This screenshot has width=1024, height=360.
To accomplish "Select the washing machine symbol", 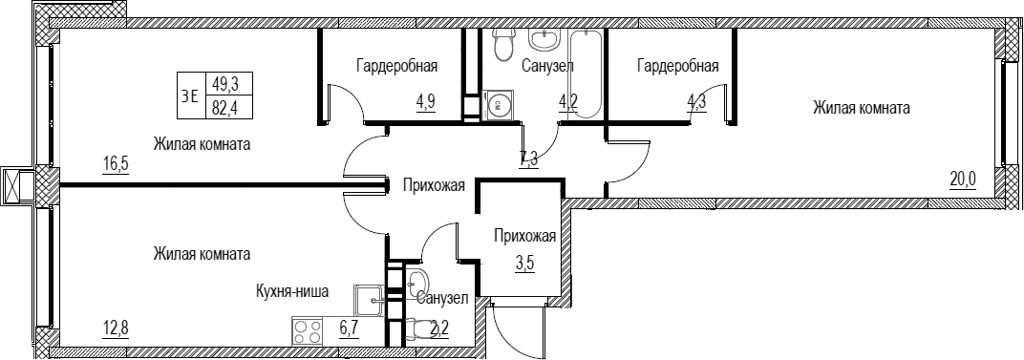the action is click(x=499, y=104).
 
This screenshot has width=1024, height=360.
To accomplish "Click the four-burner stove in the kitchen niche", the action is click(x=308, y=330).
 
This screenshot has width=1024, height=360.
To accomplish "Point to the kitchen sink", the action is click(x=371, y=300).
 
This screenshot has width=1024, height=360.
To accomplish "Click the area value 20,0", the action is click(x=963, y=178).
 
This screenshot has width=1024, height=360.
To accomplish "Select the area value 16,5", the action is click(x=116, y=162).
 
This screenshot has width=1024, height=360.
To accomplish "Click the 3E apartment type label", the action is click(x=190, y=96).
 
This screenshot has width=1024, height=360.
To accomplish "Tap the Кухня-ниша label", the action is click(x=292, y=292).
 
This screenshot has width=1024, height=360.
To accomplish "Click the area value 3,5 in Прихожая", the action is click(x=523, y=265).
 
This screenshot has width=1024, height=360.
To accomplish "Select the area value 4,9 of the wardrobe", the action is click(x=426, y=102).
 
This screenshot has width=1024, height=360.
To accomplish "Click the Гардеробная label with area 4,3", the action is click(x=678, y=66).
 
